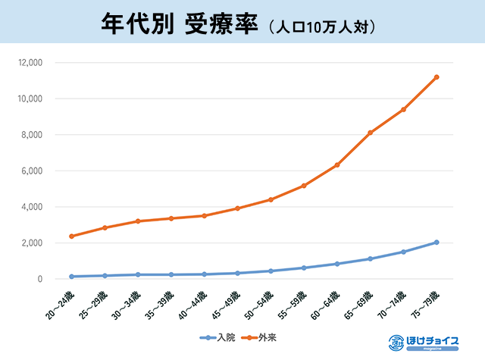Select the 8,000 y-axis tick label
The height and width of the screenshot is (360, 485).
click(32, 135)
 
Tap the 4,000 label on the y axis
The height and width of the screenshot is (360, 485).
click(32, 207)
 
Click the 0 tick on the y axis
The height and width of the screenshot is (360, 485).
click(41, 279)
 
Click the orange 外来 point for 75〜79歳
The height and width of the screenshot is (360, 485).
click(436, 77)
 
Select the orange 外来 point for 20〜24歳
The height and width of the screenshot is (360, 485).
click(71, 236)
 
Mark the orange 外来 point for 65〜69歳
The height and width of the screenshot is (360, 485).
click(370, 133)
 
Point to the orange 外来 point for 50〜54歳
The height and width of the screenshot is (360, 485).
click(271, 199)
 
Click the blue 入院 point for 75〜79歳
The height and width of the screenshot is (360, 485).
click(436, 243)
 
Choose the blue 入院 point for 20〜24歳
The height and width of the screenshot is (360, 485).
click(71, 277)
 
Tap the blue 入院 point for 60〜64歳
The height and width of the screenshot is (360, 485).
click(336, 264)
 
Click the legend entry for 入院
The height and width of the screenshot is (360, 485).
click(217, 337)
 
